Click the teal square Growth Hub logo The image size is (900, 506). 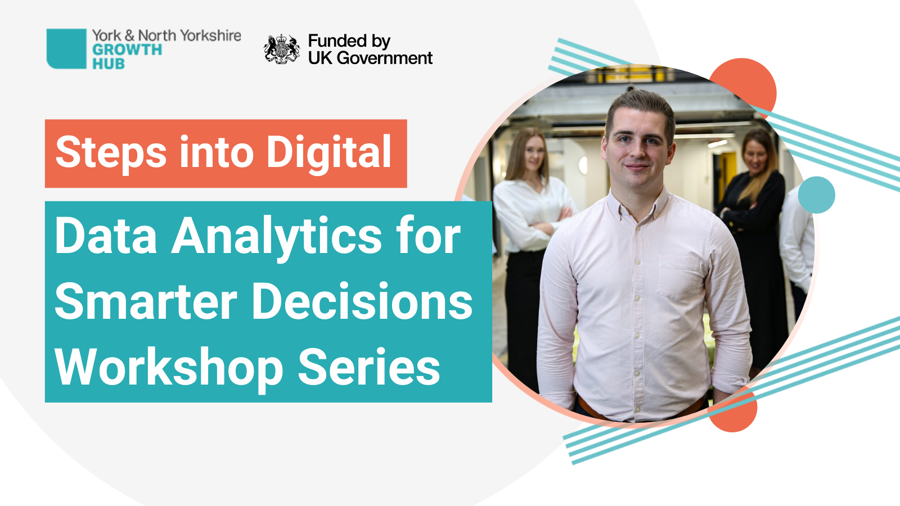66,48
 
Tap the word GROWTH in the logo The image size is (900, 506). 127,50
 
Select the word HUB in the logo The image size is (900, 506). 109,64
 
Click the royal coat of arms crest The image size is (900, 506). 282,49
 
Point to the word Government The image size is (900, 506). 385,58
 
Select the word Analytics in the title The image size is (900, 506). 276,237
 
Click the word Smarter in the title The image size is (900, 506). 146,302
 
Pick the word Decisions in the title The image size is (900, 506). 362,301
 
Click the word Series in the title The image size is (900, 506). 369,368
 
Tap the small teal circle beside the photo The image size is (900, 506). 816,195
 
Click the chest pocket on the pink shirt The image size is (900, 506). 679,278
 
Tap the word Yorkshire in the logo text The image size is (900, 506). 210,36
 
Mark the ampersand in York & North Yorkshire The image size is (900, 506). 129,36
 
